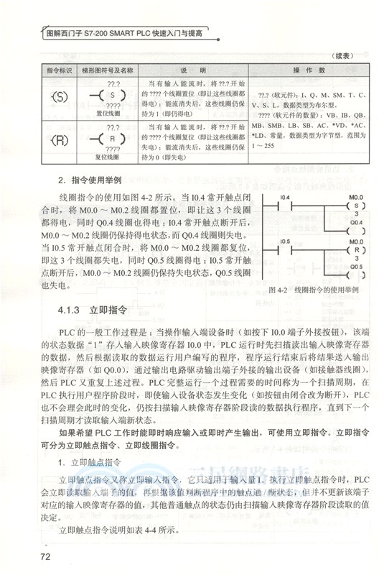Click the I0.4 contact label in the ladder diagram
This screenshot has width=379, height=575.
coord(284,196)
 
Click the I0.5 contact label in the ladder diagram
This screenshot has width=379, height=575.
coord(284,241)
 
